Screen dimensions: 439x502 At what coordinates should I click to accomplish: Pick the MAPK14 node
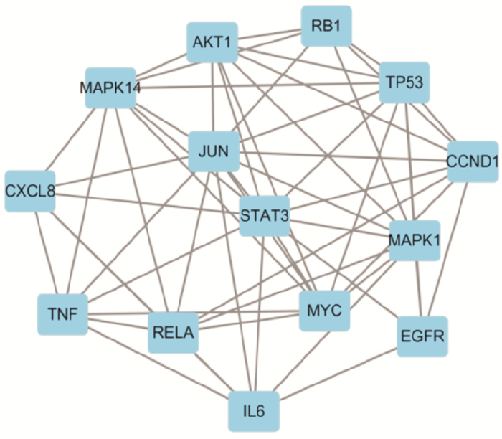(110, 88)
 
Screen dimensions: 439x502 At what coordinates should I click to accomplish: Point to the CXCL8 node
(30, 191)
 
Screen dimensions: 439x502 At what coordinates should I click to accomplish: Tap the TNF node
(62, 313)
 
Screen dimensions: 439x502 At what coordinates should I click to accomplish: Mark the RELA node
(173, 332)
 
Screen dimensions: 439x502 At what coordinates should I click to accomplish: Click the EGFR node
(422, 335)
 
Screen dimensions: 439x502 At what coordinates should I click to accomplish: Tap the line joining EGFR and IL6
(338, 373)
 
